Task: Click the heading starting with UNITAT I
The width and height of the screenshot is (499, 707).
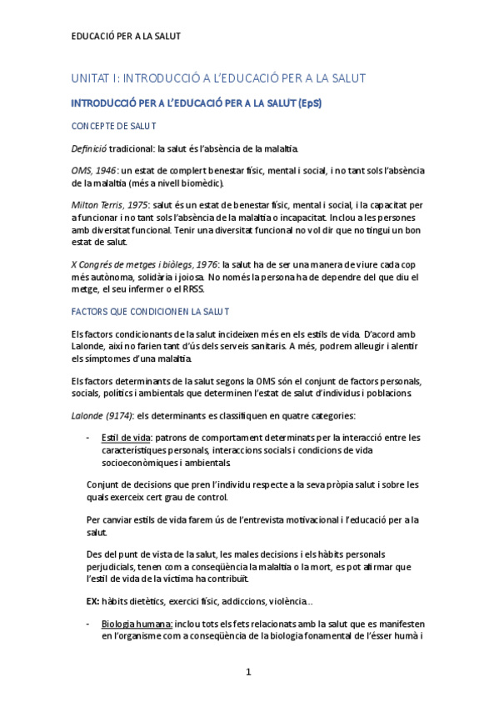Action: [x=218, y=78]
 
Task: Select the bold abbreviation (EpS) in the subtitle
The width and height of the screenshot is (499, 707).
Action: [x=306, y=103]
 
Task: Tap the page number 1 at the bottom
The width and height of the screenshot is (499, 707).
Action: [x=248, y=671]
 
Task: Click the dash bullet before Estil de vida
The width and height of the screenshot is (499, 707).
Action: [x=89, y=437]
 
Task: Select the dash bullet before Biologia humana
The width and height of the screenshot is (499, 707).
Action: [x=89, y=623]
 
